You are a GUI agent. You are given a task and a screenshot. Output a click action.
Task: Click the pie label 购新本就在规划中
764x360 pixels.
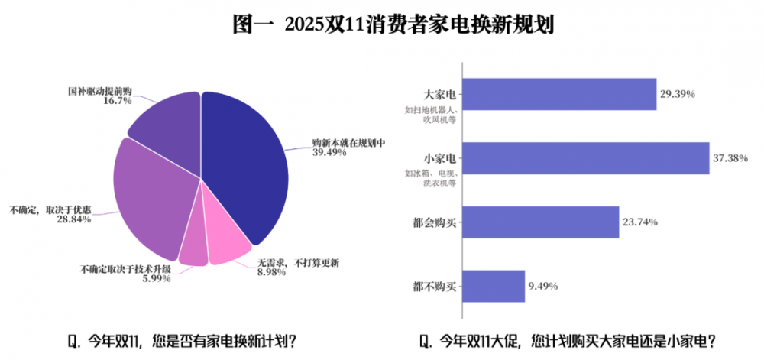[x=348, y=142]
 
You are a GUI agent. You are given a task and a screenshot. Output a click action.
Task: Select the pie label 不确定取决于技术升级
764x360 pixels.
[x=126, y=269]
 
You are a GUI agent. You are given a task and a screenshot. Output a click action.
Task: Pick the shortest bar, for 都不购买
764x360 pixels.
[x=494, y=287]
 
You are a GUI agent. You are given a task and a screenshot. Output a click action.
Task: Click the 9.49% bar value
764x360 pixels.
[x=543, y=287]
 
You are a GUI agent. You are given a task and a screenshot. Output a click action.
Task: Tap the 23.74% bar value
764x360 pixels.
[x=640, y=222]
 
